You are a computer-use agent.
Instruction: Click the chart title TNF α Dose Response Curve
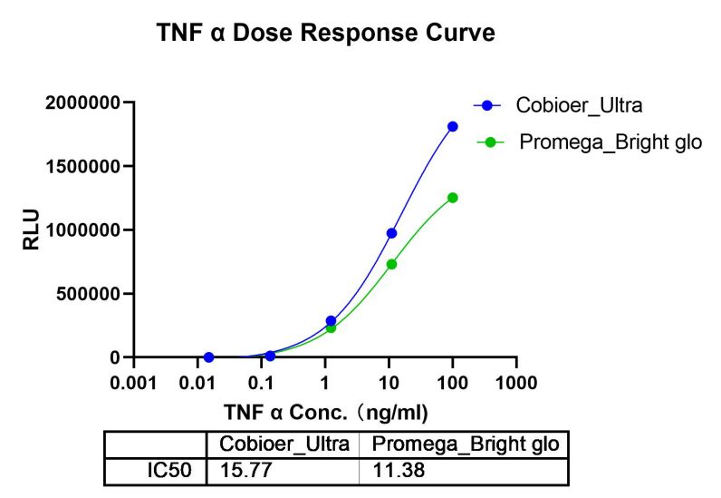coord(325,34)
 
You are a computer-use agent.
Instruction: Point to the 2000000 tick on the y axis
coord(83,103)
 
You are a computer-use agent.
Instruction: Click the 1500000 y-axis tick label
coord(83,166)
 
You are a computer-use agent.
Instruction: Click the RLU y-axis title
coord(31,230)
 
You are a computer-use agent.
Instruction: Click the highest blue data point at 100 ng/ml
coord(452,126)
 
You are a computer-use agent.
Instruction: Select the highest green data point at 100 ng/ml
coord(452,198)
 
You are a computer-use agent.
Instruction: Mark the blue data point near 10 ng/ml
coord(391,233)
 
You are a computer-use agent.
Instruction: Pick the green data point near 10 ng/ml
coord(391,264)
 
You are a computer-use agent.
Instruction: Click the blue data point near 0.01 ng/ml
coord(208,357)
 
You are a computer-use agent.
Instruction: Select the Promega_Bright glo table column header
coord(464,444)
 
